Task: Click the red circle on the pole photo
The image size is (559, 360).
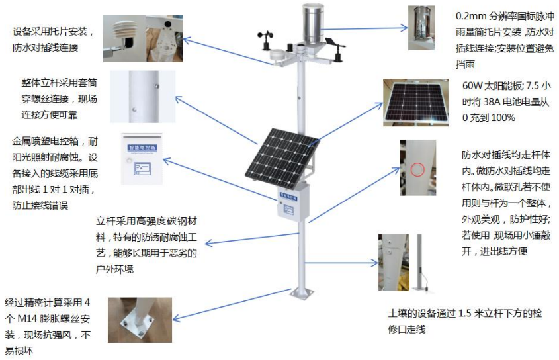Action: pyautogui.click(x=417, y=169)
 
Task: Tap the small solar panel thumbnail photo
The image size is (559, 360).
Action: pyautogui.click(x=412, y=103)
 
